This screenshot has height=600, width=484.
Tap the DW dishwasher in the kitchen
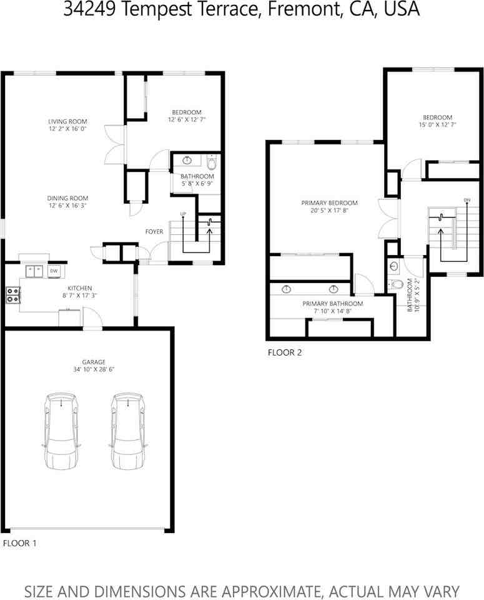54,271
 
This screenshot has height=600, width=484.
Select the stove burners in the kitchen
12,294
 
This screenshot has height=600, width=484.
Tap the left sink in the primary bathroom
286,289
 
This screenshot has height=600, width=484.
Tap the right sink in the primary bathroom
334,289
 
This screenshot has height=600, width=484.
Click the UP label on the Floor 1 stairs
183,214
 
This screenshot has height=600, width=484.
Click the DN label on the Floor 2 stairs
467,200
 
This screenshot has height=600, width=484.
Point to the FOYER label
154,232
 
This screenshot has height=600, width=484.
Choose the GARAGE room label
94,362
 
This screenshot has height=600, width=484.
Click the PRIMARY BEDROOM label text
329,203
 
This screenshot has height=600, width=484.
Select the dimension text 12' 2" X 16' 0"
67,129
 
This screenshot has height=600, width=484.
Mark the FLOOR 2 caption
285,352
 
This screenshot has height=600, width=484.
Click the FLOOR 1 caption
20,543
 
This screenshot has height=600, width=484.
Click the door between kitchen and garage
93,326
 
